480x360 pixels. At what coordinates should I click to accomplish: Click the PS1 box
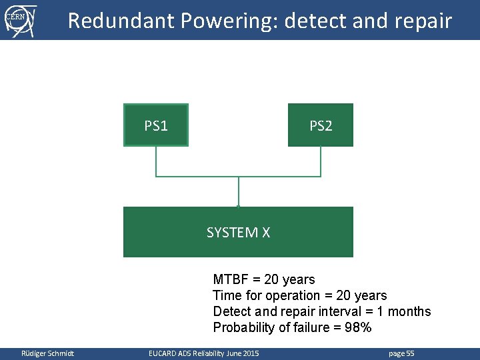coord(156,125)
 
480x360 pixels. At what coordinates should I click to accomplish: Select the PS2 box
coord(321,125)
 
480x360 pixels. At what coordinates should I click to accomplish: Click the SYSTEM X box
coord(238,232)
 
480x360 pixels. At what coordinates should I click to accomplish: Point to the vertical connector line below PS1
coord(156,161)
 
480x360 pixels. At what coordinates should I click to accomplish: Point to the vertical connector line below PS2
coord(321,161)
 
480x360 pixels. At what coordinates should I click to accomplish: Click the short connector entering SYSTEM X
coord(238,192)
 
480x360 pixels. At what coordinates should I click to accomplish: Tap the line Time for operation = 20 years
coord(299,295)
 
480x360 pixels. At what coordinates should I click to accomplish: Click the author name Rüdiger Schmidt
coord(47,353)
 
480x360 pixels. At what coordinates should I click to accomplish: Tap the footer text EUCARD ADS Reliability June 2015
coord(203,353)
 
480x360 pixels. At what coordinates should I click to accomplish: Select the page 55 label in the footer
coord(401,353)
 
